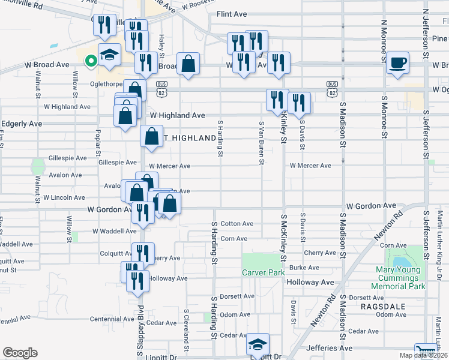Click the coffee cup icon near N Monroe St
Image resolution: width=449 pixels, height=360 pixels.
click(x=397, y=63)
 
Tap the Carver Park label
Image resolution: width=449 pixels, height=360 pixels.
click(x=263, y=272)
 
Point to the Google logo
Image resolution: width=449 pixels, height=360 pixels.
click(x=20, y=353)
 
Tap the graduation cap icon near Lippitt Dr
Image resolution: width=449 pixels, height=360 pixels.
click(x=258, y=344)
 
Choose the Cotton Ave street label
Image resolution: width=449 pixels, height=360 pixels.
click(x=237, y=224)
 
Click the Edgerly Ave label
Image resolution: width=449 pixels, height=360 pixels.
click(x=22, y=124)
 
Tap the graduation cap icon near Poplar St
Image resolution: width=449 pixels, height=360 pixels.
click(x=110, y=55)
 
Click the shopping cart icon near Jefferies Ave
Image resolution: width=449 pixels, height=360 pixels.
click(x=424, y=351)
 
